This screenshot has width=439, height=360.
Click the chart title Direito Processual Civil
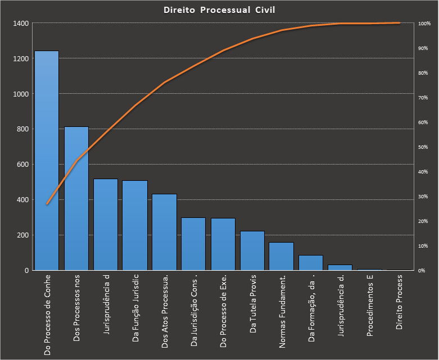pos(219,10)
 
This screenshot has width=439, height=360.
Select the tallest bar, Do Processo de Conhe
pos(47,161)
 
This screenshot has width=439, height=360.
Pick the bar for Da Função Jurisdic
pos(135,225)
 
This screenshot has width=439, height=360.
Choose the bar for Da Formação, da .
pos(311,262)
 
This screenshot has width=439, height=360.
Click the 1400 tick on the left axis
pos(21,24)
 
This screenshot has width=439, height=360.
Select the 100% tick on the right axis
pos(424,24)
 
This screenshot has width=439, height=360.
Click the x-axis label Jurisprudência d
pos(106,304)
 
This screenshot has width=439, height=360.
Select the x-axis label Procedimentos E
pos(369,306)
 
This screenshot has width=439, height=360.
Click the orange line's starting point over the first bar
pos(47,204)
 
